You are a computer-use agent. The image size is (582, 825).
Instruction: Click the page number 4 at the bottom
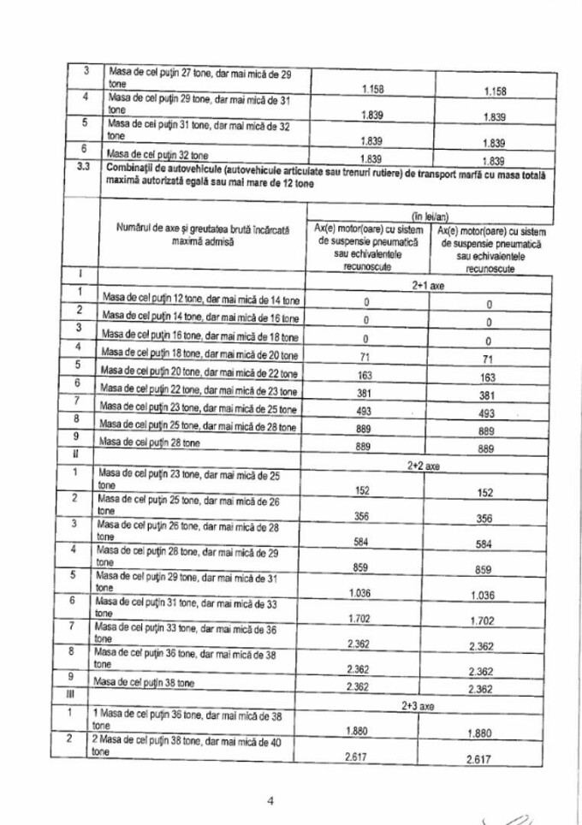[x=270, y=801]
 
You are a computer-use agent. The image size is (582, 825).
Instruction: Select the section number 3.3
[x=83, y=168]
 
